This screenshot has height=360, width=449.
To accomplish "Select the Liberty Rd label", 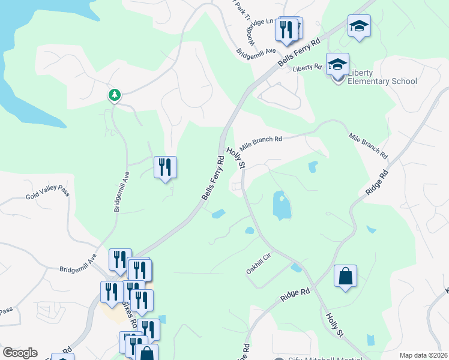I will point(308,68).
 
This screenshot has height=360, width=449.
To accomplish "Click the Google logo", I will point(20,352).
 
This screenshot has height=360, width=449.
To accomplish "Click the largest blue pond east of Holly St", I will point(281,205).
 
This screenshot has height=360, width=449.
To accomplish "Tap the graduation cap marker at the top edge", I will point(359,26).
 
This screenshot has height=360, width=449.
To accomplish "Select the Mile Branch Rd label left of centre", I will point(261,143).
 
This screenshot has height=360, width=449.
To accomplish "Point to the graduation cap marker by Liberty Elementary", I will point(337,64).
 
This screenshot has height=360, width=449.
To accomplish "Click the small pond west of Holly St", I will point(218,213).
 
